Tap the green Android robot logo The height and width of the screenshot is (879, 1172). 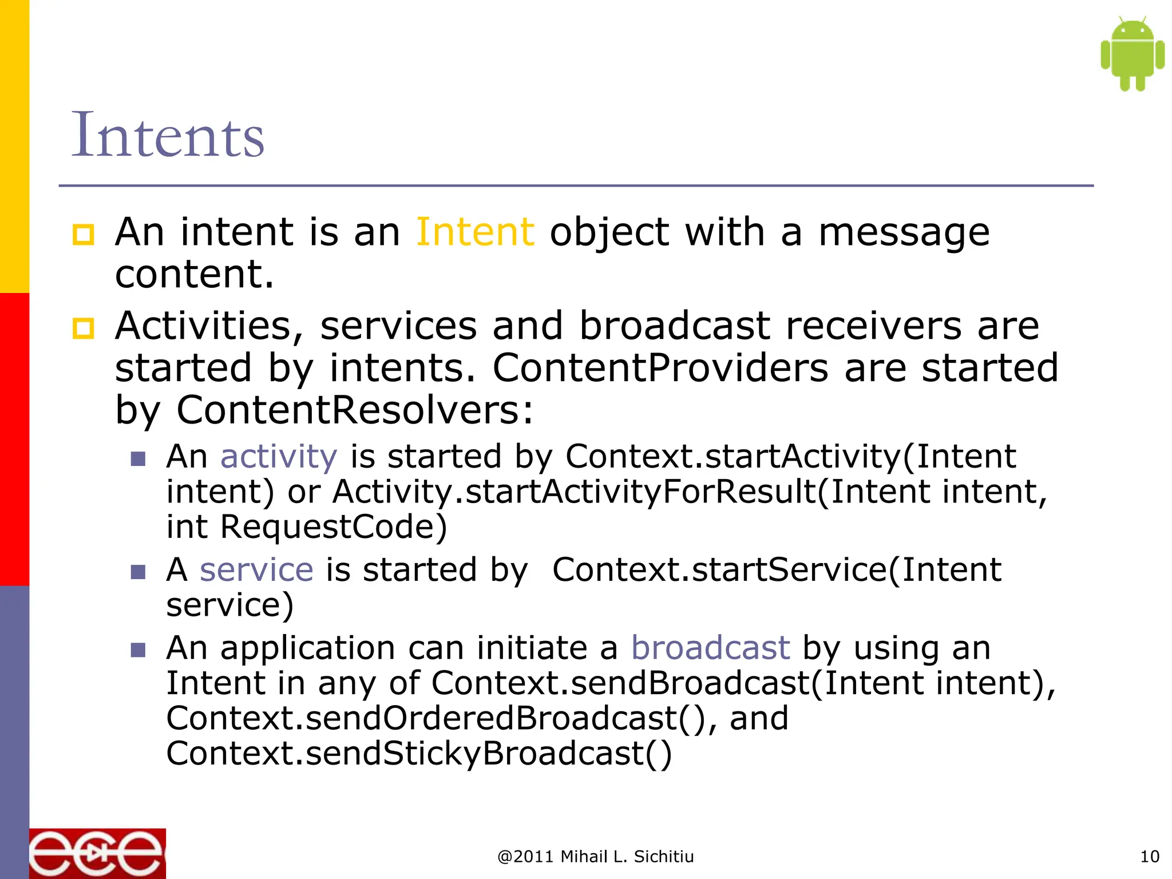(1132, 54)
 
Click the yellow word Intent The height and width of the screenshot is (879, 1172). (475, 232)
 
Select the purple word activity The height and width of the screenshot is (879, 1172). (279, 457)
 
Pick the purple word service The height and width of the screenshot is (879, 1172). (256, 569)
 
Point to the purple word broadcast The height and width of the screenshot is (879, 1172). (710, 648)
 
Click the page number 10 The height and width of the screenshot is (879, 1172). (1149, 857)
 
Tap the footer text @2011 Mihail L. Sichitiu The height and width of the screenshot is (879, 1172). (595, 857)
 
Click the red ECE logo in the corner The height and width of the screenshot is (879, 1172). (97, 853)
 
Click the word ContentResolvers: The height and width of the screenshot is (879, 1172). (355, 410)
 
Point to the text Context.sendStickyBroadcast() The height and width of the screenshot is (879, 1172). (419, 753)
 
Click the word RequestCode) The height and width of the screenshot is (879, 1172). (333, 526)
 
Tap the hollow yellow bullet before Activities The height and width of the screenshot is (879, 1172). (83, 328)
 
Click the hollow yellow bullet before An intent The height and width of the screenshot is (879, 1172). (83, 235)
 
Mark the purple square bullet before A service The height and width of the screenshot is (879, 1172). (138, 572)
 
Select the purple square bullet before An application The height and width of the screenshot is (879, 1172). (138, 650)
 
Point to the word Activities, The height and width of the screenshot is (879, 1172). (209, 326)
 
